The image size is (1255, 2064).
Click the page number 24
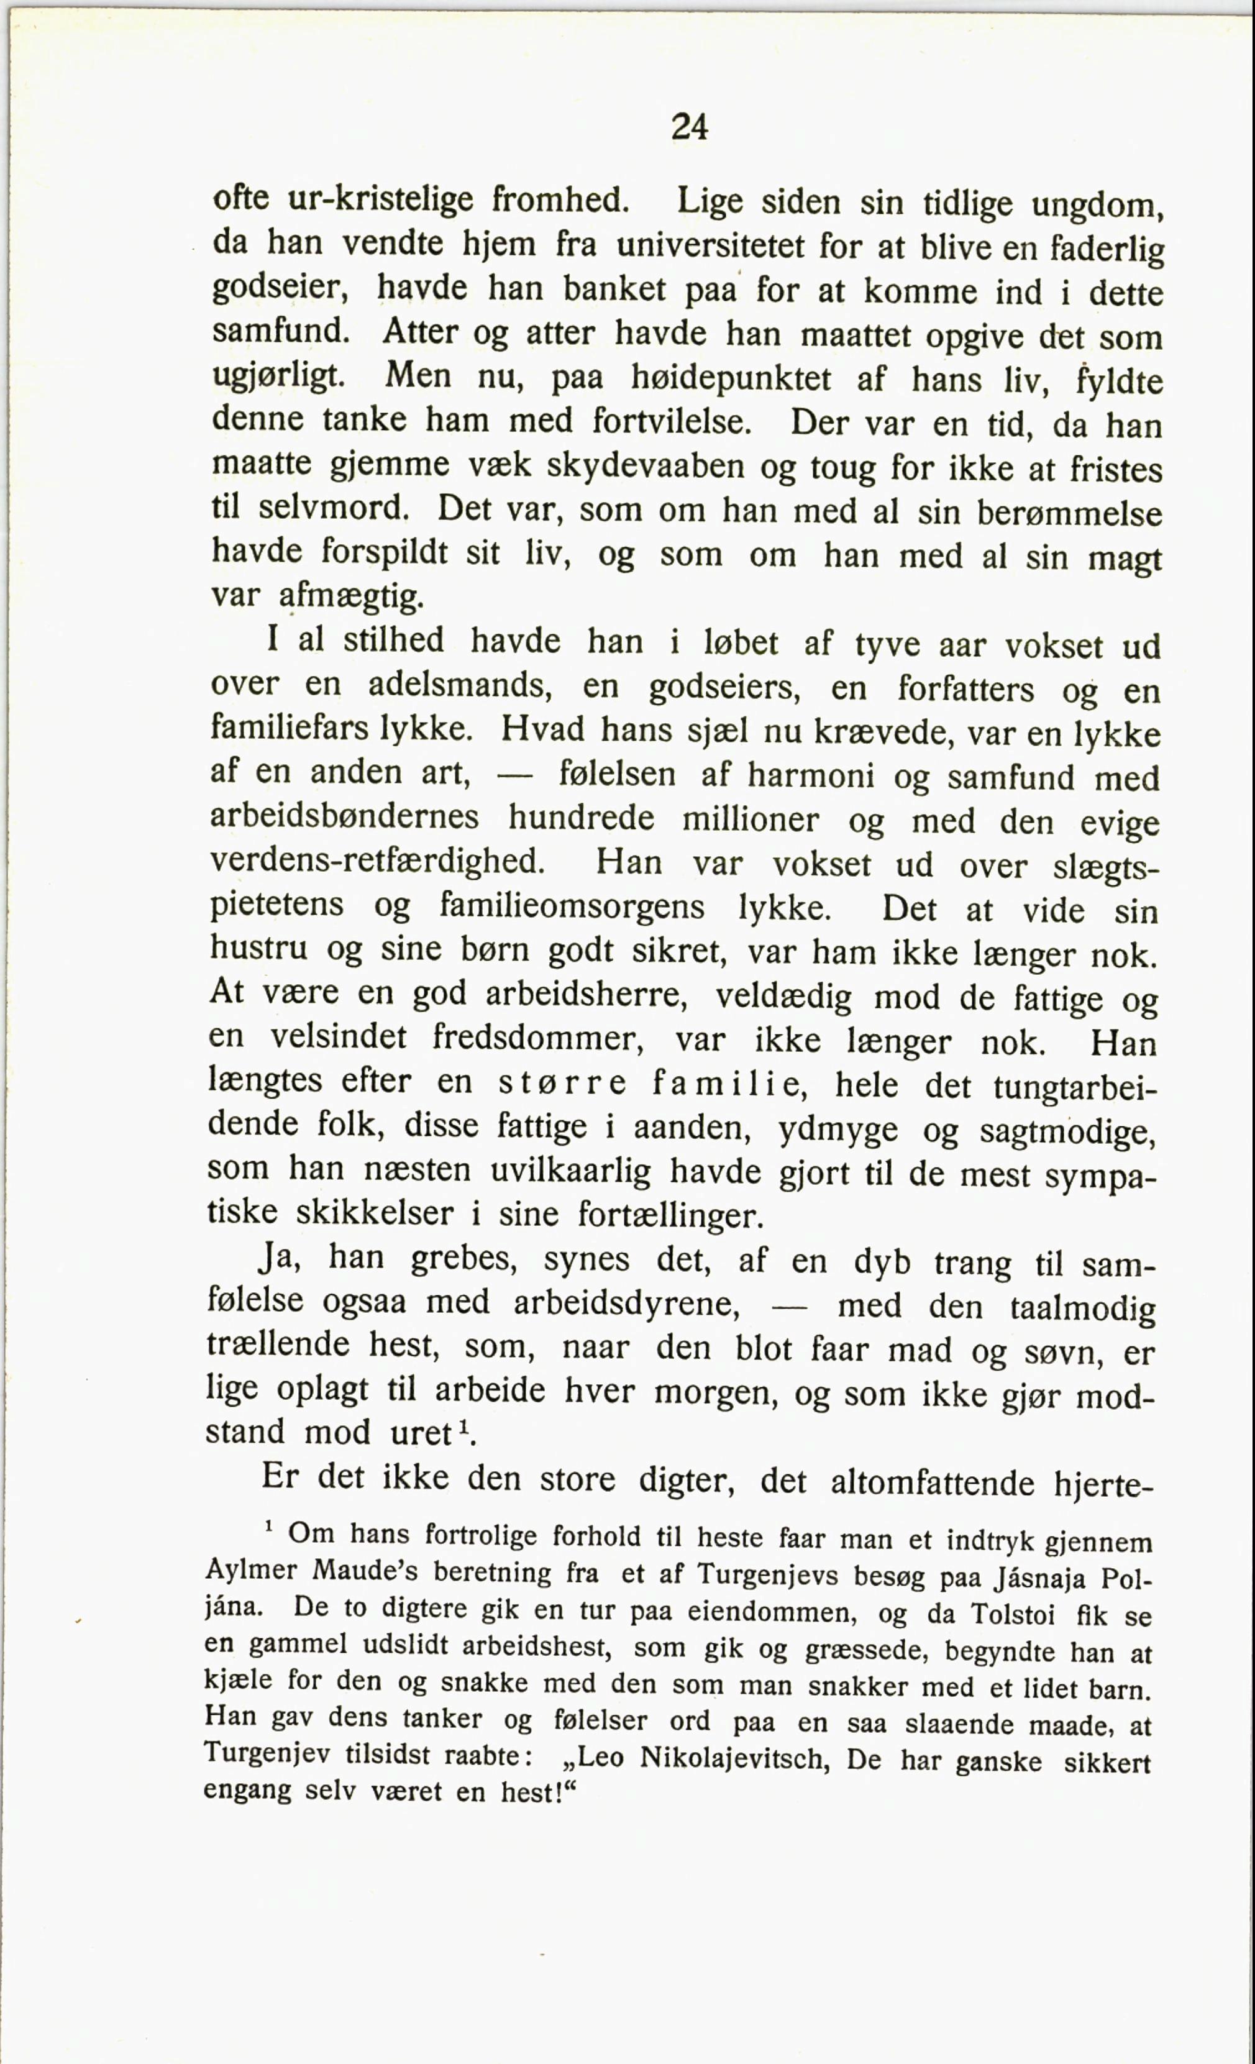click(x=690, y=127)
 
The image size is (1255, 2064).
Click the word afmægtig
click(x=351, y=597)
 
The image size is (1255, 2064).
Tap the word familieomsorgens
click(x=572, y=906)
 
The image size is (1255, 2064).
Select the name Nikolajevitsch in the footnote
click(x=734, y=1758)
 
